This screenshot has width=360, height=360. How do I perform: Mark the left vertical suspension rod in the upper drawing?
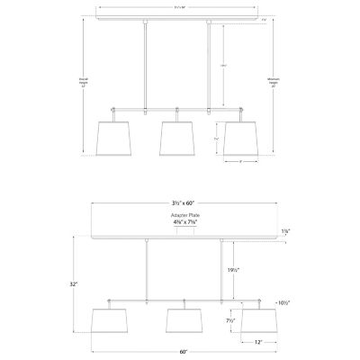[x=146, y=63]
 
